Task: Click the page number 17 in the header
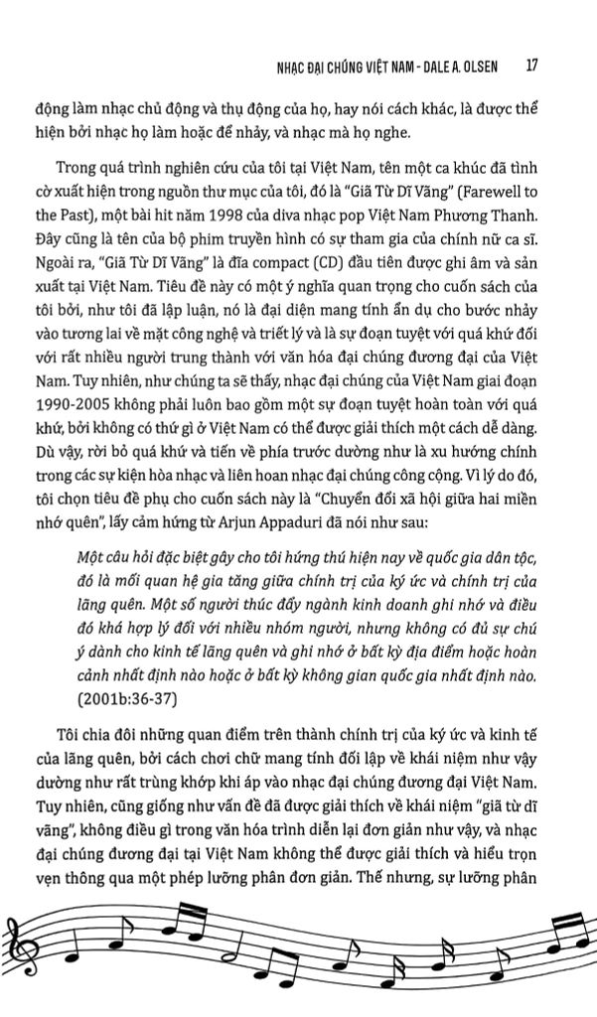pyautogui.click(x=531, y=67)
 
